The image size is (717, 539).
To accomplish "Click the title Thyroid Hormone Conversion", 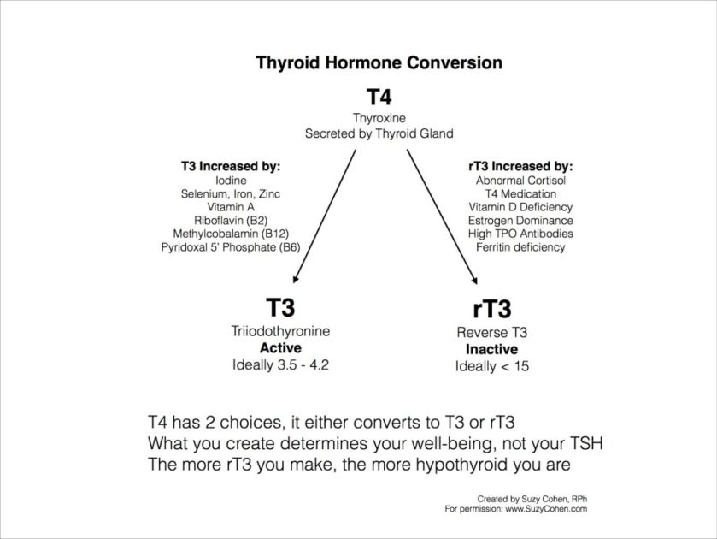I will tap(379, 63).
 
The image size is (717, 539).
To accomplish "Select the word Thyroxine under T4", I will tap(379, 119).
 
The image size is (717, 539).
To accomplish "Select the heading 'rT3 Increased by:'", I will tap(522, 166).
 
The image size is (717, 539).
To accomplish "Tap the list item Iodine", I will tap(231, 181).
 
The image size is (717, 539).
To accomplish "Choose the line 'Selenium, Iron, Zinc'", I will tap(231, 194).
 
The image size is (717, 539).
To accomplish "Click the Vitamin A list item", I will tap(231, 207).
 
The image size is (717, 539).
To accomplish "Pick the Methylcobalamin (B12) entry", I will tap(231, 234).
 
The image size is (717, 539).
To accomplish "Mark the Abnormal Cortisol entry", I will tap(520, 181).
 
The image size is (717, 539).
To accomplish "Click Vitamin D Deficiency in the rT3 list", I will tap(520, 207).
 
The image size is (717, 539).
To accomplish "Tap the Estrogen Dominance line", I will tap(520, 221).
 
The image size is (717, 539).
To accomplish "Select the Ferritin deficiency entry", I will tap(520, 247).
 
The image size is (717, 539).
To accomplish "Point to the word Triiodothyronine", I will tap(280, 332).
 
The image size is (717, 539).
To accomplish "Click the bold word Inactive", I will tap(493, 350).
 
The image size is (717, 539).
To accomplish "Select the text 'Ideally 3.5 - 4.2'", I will tap(280, 365).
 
